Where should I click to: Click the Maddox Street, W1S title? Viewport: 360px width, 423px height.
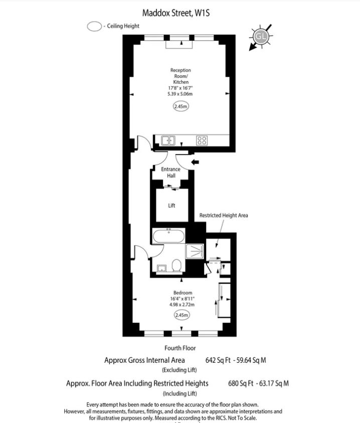176,13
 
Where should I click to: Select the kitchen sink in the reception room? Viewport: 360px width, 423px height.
168,140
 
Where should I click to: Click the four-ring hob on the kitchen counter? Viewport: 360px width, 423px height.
202,140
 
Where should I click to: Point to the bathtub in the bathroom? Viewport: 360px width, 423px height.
168,236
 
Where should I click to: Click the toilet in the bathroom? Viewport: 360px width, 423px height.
176,265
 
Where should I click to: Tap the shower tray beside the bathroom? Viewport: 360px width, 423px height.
195,251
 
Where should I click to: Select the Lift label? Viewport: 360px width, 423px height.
171,206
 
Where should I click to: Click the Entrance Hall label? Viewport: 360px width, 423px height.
170,173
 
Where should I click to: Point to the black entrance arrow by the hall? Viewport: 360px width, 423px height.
195,162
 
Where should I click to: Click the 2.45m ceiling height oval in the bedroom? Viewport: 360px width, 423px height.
182,315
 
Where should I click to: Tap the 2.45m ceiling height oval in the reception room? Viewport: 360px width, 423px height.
181,106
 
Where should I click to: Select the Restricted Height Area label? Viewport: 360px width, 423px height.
224,215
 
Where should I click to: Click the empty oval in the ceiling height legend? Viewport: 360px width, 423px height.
94,27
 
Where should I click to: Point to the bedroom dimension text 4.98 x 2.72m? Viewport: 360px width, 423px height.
182,305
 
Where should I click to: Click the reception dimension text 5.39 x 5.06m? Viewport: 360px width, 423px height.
180,94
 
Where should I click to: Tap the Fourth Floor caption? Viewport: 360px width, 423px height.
180,348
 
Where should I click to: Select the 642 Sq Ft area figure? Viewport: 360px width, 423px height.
218,360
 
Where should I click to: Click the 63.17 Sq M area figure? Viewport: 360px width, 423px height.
274,383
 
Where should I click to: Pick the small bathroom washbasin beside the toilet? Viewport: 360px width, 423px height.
161,268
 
